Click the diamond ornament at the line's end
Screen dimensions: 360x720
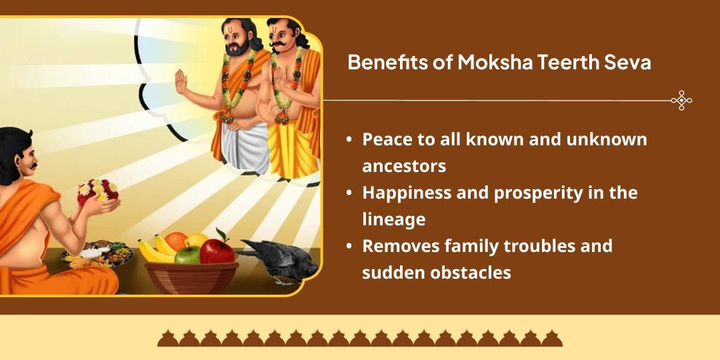[x=681, y=101]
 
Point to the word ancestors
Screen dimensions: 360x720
[x=404, y=165]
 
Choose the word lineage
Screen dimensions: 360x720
[x=393, y=219]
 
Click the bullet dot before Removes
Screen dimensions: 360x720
[x=349, y=247]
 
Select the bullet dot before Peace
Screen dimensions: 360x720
[x=349, y=141]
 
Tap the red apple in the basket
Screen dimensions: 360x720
[x=217, y=251]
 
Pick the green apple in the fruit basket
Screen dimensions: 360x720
[x=187, y=254]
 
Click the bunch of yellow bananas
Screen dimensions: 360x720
[x=155, y=250]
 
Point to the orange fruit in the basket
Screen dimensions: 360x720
[x=176, y=240]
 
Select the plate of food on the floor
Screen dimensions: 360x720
[x=93, y=255]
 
